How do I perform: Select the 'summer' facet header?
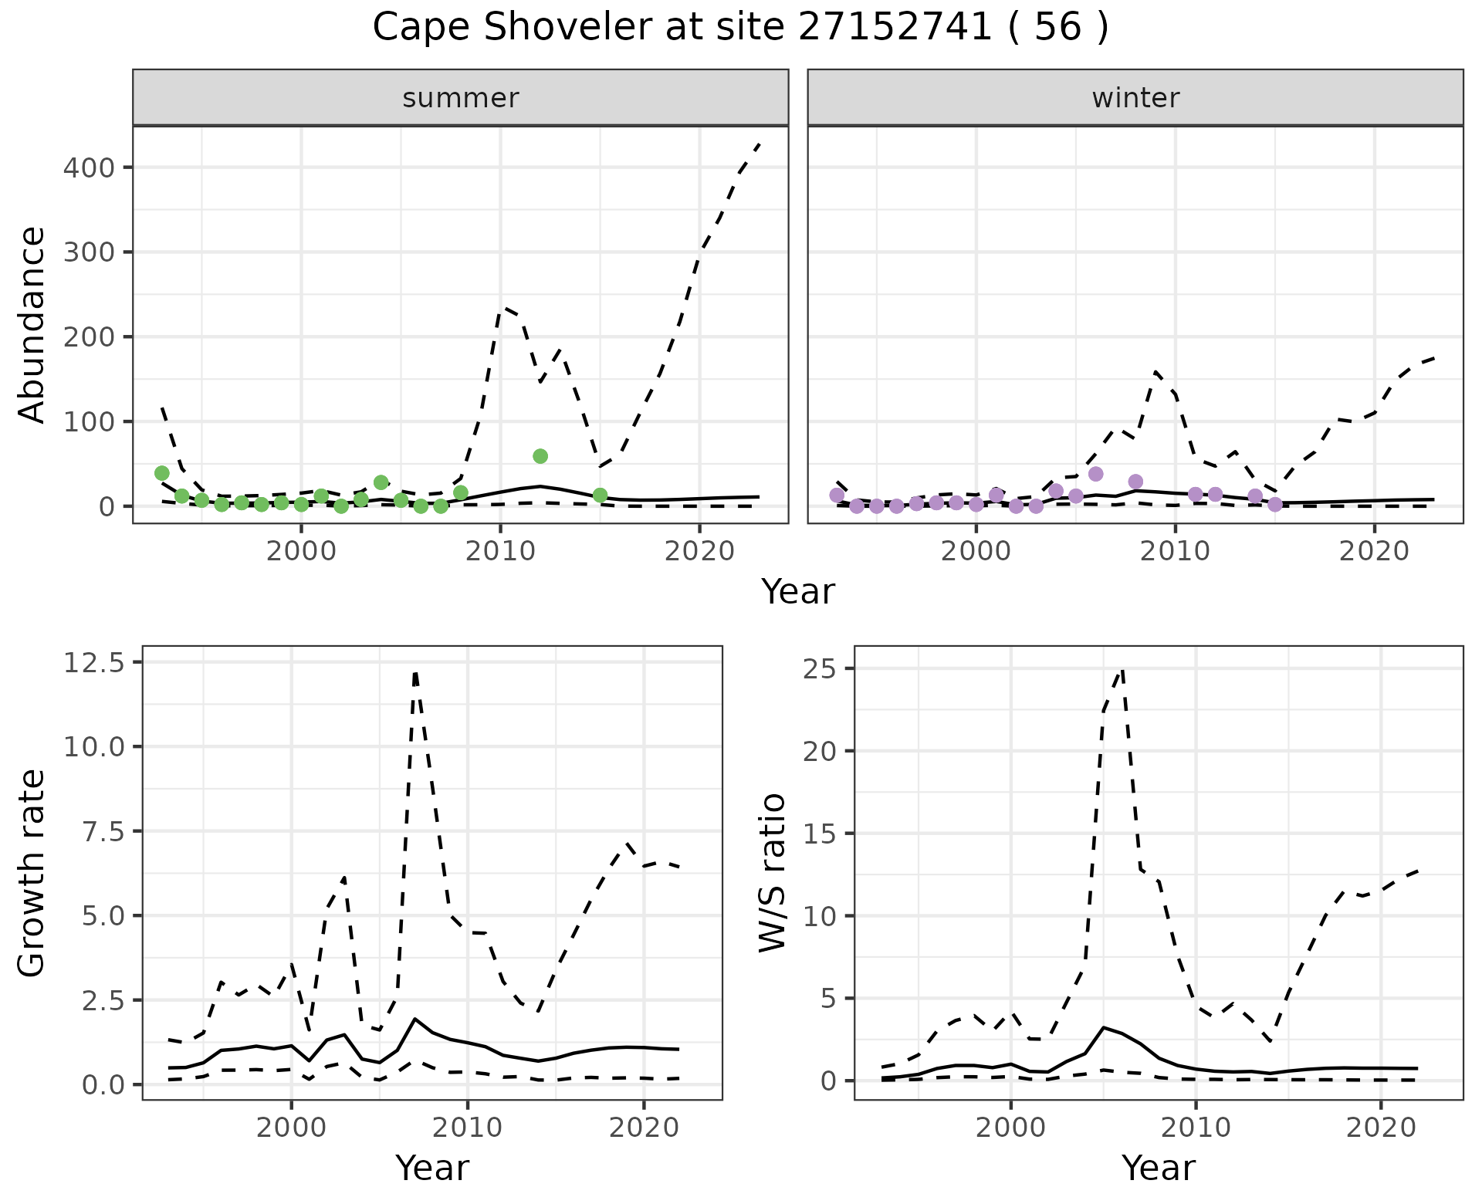(x=460, y=98)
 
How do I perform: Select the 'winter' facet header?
(x=1135, y=98)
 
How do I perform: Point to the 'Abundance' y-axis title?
(x=32, y=324)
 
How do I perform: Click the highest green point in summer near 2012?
(x=540, y=456)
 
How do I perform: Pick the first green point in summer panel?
(x=162, y=473)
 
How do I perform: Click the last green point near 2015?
(x=601, y=495)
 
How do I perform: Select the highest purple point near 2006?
(x=1095, y=474)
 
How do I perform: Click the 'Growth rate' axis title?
(x=32, y=874)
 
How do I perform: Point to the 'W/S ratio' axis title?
(x=773, y=872)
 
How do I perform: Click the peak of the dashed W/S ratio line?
(x=1122, y=670)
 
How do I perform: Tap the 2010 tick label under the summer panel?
(x=500, y=552)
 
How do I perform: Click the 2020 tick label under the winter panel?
(x=1374, y=552)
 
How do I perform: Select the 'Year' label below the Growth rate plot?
(x=432, y=1168)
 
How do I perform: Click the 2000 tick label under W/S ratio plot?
(x=1010, y=1128)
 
